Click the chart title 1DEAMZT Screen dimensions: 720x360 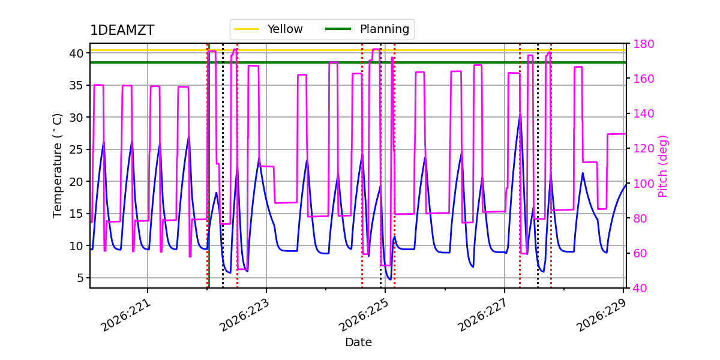[122, 30]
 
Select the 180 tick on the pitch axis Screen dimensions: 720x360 [644, 44]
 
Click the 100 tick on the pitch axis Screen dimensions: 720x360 [644, 184]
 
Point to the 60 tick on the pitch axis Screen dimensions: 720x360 [640, 254]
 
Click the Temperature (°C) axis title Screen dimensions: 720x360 [57, 166]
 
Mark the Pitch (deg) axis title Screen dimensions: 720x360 [663, 166]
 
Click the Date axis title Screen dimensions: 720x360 [358, 343]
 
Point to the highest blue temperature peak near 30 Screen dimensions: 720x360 [520, 114]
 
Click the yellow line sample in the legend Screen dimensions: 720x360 [247, 29]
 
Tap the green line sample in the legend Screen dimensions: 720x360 [338, 29]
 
